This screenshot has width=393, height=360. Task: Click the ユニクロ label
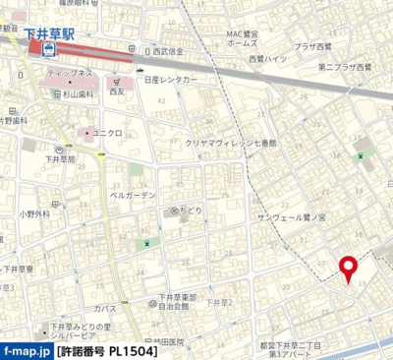(x=107, y=132)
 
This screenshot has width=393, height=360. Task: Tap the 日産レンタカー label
(x=181, y=80)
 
